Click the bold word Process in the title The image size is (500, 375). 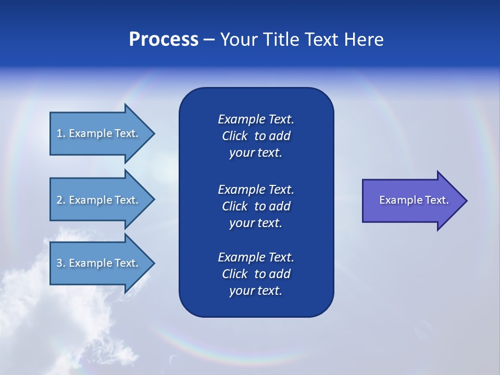coord(164,40)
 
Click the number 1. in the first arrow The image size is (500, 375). coord(60,133)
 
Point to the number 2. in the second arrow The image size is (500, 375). coord(60,200)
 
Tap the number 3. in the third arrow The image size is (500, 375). coord(60,263)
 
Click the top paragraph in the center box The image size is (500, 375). coord(256,136)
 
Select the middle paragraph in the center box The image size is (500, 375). coord(256,206)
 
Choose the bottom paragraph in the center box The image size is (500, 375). coord(256,274)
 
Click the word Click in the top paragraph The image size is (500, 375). coord(234,136)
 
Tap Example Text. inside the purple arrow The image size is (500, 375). coord(414,200)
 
